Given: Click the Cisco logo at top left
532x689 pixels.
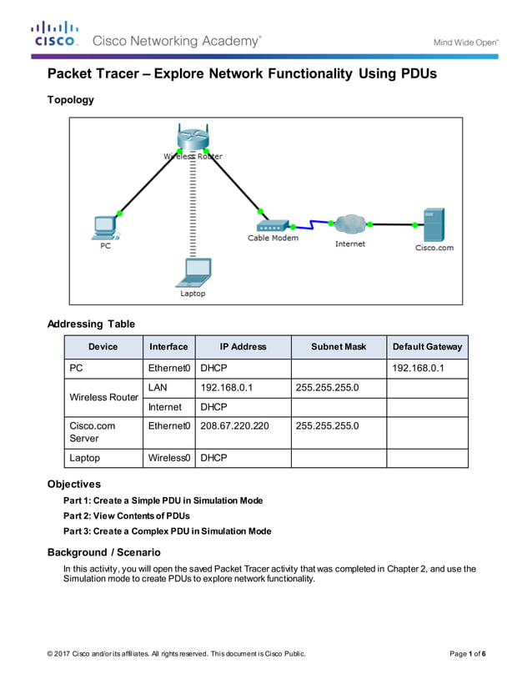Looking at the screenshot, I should pyautogui.click(x=55, y=34).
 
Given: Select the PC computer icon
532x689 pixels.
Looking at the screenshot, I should pyautogui.click(x=105, y=226).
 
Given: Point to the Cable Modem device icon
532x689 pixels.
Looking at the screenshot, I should pyautogui.click(x=272, y=225).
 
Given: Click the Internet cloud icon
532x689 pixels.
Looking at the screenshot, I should pyautogui.click(x=350, y=224).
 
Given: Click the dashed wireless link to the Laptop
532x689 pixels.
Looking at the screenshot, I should pyautogui.click(x=193, y=209).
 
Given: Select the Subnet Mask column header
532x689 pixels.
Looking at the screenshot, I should pyautogui.click(x=338, y=347).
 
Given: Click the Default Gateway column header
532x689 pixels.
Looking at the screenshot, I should pyautogui.click(x=427, y=347).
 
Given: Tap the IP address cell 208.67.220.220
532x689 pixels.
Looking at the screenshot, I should pyautogui.click(x=234, y=425).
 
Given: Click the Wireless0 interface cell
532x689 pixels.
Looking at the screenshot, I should pyautogui.click(x=169, y=458).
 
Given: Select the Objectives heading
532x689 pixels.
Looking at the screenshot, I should pyautogui.click(x=74, y=484).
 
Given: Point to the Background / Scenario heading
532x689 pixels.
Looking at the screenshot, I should pyautogui.click(x=103, y=552).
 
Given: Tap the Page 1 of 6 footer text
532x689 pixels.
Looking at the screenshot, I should pyautogui.click(x=467, y=653).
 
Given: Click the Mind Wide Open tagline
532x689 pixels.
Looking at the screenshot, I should pyautogui.click(x=464, y=43).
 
